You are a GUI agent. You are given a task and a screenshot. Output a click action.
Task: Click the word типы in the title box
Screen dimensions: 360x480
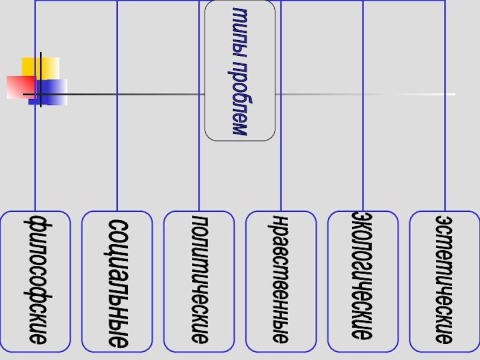240,26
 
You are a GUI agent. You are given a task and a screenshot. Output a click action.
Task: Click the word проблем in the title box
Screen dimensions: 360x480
240,96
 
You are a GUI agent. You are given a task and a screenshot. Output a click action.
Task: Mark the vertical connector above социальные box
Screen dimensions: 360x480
117,150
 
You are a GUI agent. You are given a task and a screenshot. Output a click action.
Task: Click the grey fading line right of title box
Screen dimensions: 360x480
360,94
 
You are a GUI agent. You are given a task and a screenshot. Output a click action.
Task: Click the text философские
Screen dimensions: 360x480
35,281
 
